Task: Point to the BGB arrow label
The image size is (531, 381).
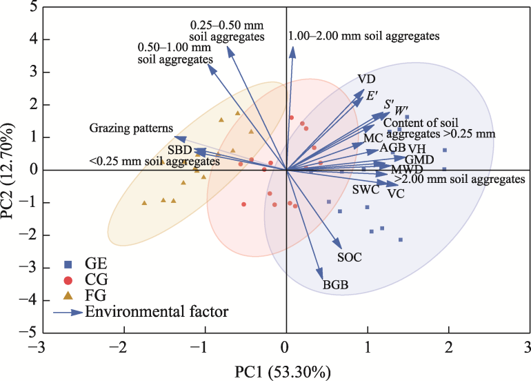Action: pyautogui.click(x=335, y=284)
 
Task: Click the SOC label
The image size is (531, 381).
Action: pyautogui.click(x=350, y=257)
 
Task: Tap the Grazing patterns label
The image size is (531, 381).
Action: pyautogui.click(x=130, y=128)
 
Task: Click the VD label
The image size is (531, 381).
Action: pyautogui.click(x=367, y=79)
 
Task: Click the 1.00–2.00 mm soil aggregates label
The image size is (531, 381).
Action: pyautogui.click(x=364, y=35)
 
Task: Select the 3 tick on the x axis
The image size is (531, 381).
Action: pyautogui.click(x=529, y=345)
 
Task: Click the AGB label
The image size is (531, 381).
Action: pyautogui.click(x=392, y=148)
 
